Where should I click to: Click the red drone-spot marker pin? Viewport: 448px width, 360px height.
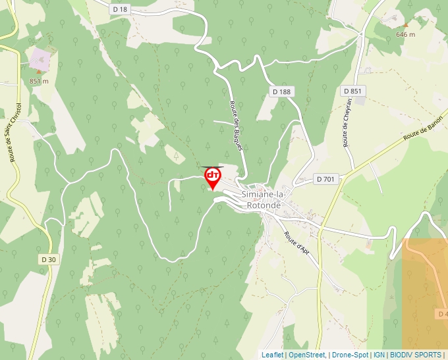(x=213, y=177)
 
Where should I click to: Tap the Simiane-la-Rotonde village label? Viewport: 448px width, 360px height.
(x=263, y=200)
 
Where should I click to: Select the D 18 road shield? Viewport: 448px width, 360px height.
(x=119, y=9)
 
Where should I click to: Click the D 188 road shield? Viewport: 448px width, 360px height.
(x=281, y=91)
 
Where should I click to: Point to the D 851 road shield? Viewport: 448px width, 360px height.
(x=353, y=91)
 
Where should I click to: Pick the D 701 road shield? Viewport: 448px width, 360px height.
(x=326, y=179)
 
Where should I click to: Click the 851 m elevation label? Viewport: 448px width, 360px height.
(x=39, y=81)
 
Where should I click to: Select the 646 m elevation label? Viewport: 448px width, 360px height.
(x=405, y=34)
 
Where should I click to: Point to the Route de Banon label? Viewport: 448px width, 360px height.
(x=423, y=127)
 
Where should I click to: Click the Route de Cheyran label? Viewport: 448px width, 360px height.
(x=347, y=122)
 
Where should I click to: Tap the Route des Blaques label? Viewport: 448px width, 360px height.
(x=236, y=126)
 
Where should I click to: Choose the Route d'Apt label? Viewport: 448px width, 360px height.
(x=296, y=244)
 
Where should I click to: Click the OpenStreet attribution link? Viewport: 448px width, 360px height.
(x=306, y=355)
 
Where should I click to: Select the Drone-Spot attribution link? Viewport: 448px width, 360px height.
(x=350, y=355)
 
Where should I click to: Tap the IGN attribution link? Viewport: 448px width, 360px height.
(x=379, y=355)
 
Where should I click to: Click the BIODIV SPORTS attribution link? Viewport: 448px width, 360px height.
(x=415, y=355)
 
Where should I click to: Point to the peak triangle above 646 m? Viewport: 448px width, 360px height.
(x=405, y=25)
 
